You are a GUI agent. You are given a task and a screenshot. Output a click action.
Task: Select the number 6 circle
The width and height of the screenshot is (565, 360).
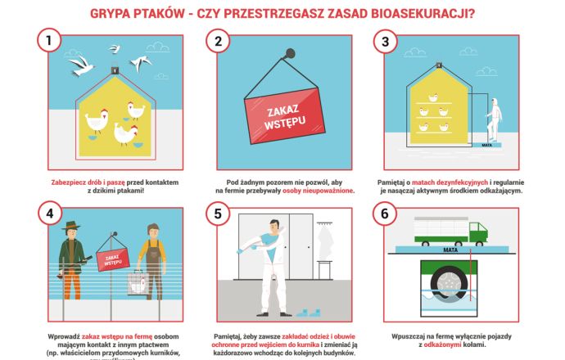click(384, 214)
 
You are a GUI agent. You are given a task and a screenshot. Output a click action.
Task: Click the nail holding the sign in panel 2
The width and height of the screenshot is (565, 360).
click(289, 56)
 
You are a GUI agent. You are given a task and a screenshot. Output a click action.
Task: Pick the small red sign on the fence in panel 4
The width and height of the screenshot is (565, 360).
click(111, 260)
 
